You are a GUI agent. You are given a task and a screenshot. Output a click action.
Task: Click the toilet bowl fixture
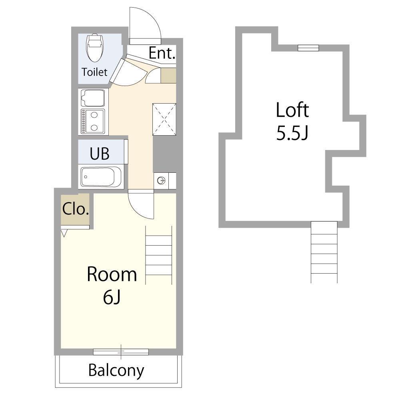point(95,48)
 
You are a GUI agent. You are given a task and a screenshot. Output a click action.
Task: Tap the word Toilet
point(94,72)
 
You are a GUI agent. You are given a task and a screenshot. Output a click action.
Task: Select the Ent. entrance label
point(162,53)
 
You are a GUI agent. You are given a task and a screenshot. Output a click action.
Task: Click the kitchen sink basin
point(93,98)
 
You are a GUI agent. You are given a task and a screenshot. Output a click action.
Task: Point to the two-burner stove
point(93,122)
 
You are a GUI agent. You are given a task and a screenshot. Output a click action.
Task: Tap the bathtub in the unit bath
point(101,177)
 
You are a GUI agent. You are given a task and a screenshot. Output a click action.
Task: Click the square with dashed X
point(164,119)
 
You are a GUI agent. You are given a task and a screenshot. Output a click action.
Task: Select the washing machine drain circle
point(161,181)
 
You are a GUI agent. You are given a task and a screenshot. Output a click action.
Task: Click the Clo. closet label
point(76,209)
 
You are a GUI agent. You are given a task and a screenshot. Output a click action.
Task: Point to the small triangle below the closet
point(64,233)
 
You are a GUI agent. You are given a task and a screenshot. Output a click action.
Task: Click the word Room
point(112,274)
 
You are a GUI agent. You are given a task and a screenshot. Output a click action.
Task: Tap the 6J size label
point(112,298)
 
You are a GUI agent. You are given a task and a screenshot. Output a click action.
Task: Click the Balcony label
point(116,371)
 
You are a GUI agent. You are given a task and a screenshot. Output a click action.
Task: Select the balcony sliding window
point(121,352)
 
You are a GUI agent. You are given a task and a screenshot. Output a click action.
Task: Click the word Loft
point(292,110)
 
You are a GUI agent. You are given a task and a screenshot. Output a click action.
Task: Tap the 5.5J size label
point(292,133)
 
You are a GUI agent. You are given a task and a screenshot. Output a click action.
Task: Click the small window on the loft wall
point(308,48)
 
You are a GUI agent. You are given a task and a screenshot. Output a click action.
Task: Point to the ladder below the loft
point(324,252)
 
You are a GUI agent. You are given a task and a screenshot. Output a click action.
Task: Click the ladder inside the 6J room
point(159,255)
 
